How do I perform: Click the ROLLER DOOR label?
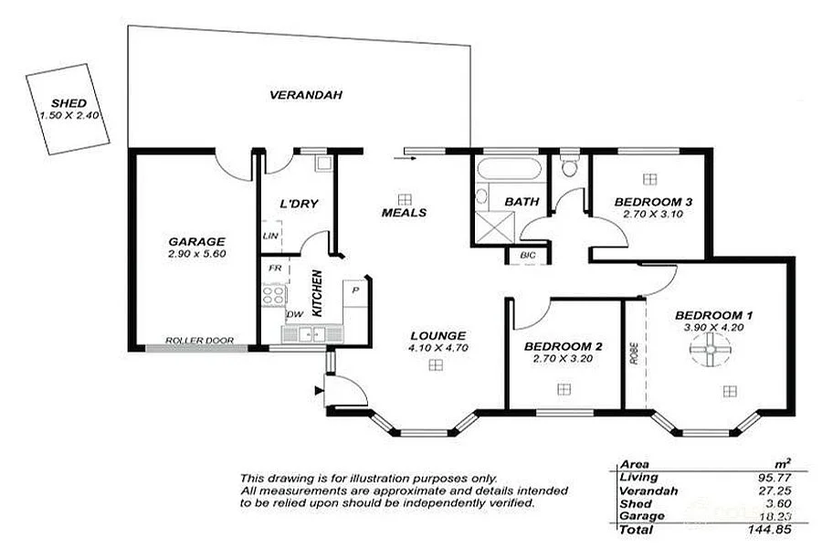point(198,341)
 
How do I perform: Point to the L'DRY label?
point(299,203)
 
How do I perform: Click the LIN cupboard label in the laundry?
point(269,236)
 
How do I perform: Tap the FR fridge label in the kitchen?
point(272,269)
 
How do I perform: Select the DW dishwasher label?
point(295,314)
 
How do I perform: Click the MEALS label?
point(404,212)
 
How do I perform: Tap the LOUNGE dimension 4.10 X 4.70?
point(437,348)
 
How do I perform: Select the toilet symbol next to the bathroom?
point(570,165)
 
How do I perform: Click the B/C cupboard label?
point(527,255)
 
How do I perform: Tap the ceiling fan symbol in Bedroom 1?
point(709,349)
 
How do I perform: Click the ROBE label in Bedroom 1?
point(634,354)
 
